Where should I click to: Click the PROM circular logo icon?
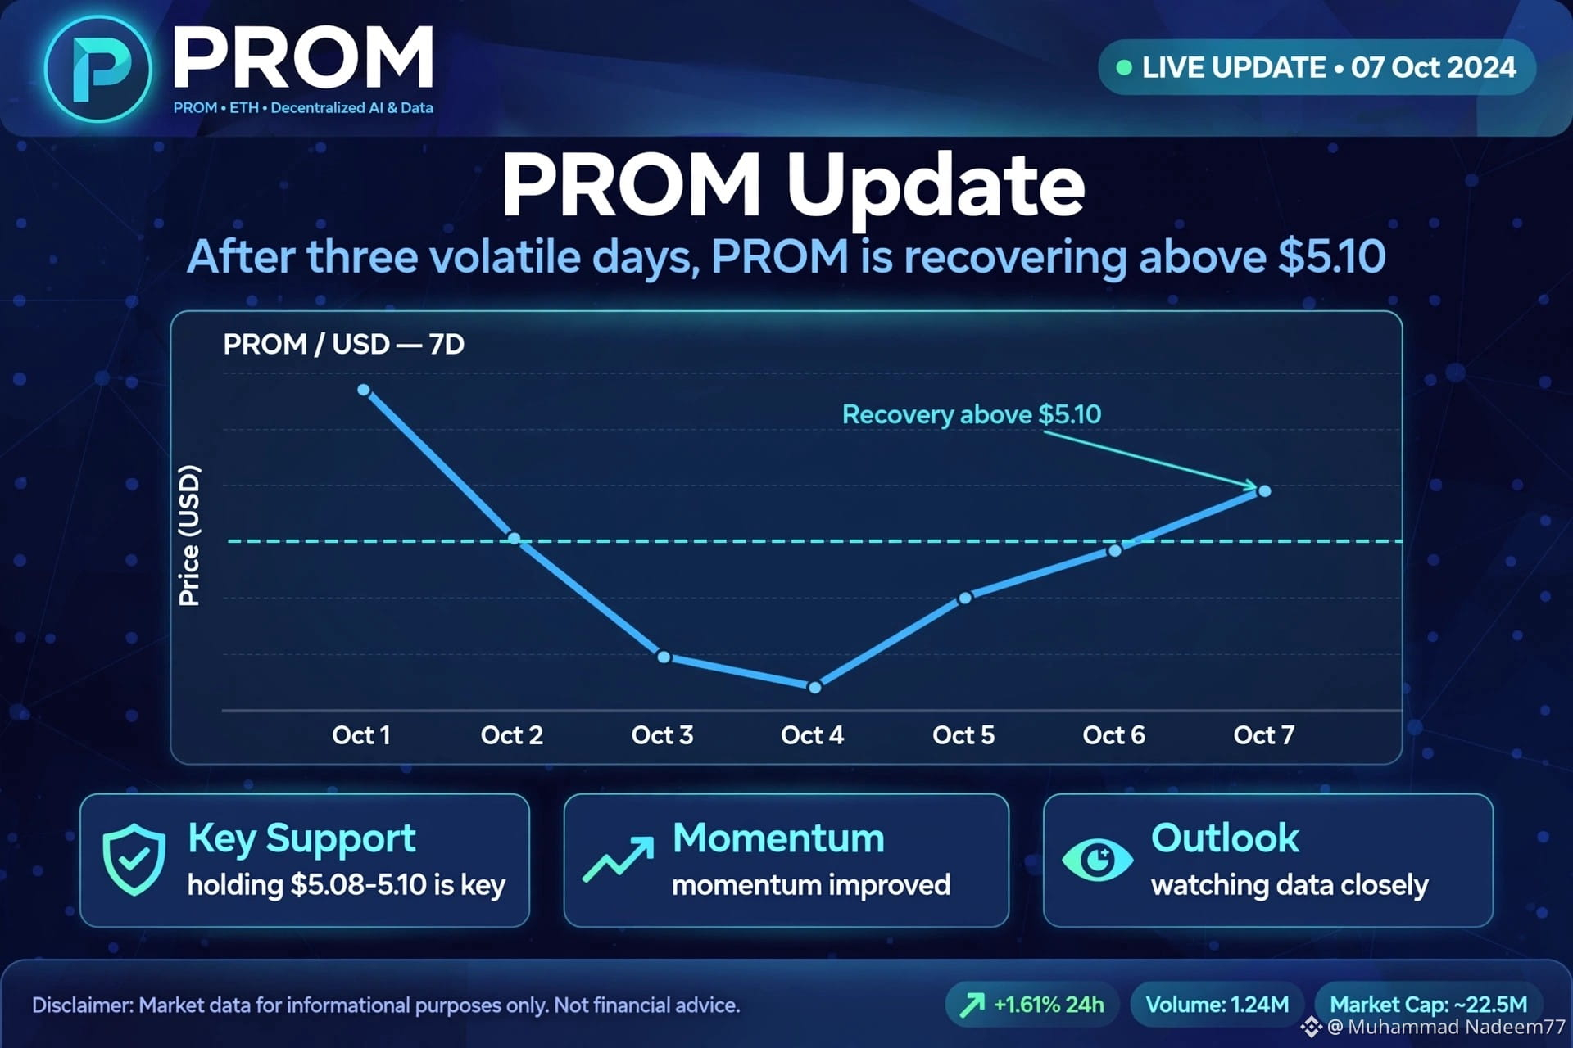pyautogui.click(x=98, y=69)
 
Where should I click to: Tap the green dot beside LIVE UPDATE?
pyautogui.click(x=1124, y=67)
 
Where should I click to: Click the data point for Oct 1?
pyautogui.click(x=364, y=390)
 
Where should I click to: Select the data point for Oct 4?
pyautogui.click(x=814, y=688)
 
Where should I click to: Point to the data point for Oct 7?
pyautogui.click(x=1265, y=491)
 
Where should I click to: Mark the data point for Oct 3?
pyautogui.click(x=664, y=657)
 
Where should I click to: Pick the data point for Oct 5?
pyautogui.click(x=965, y=599)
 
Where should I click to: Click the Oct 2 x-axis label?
pyautogui.click(x=512, y=735)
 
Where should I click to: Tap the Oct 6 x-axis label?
pyautogui.click(x=1113, y=735)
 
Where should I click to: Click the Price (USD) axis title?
pyautogui.click(x=189, y=535)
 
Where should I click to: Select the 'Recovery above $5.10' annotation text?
pyautogui.click(x=972, y=414)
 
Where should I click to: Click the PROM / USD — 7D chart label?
pyautogui.click(x=344, y=344)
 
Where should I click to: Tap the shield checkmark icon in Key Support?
pyautogui.click(x=134, y=860)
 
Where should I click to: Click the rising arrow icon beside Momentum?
pyautogui.click(x=619, y=860)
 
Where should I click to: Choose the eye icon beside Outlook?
pyautogui.click(x=1098, y=860)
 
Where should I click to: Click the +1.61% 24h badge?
pyautogui.click(x=1032, y=1005)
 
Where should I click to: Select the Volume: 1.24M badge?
pyautogui.click(x=1217, y=1005)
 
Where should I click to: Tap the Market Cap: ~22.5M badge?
pyautogui.click(x=1428, y=1005)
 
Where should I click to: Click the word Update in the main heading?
pyautogui.click(x=936, y=187)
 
